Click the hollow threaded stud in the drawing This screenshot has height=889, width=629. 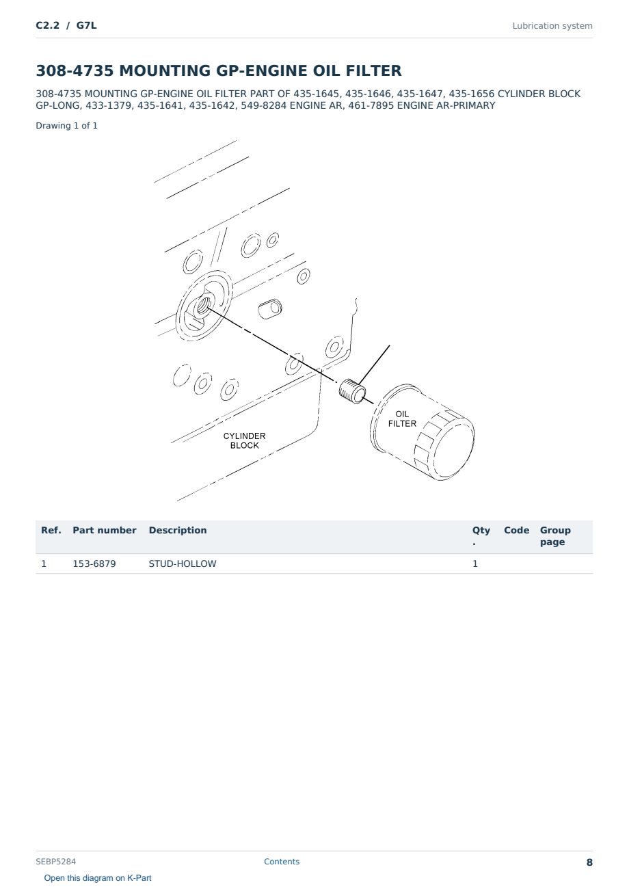tap(352, 391)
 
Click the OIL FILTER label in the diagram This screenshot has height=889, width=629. tap(402, 419)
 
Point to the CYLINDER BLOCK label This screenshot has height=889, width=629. tap(244, 440)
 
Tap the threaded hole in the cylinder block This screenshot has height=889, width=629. tap(202, 306)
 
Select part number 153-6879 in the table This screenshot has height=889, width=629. tap(94, 563)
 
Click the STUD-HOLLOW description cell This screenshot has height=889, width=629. tap(182, 563)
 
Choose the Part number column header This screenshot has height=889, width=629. tap(105, 530)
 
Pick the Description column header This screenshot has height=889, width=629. tap(177, 530)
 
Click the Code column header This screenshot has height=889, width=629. tap(516, 530)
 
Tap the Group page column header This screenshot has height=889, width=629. tap(555, 536)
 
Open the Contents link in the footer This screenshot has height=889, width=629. tap(282, 861)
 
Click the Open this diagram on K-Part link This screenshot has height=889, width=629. tap(98, 878)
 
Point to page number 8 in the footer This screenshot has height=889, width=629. tap(589, 862)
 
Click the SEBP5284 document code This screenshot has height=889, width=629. tap(55, 861)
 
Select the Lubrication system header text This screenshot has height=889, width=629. tap(552, 26)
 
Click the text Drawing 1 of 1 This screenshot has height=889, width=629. tap(66, 126)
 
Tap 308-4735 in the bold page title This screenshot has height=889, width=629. tap(75, 70)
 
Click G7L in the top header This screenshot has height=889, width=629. tap(86, 25)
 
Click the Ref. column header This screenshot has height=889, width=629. tap(51, 530)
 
